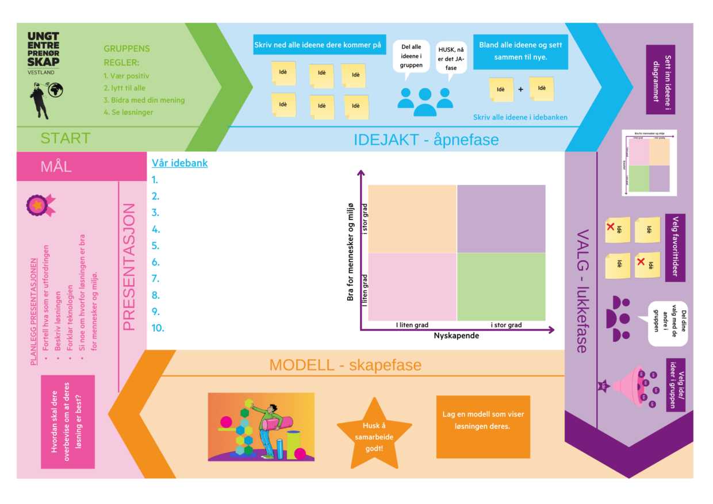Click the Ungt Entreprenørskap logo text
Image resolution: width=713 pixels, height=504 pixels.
43,50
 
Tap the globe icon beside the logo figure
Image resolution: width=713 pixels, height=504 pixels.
56,90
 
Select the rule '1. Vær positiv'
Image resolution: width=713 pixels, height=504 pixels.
126,76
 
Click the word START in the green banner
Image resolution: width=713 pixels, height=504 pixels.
66,138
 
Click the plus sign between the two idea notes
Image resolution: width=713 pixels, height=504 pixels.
521,89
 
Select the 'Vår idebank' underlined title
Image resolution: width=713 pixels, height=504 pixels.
179,163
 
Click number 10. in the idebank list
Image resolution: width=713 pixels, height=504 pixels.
158,328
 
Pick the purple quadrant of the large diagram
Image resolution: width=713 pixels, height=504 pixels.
501,219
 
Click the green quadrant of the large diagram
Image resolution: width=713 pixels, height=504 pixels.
501,287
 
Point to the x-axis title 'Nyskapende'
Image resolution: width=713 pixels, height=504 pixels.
457,336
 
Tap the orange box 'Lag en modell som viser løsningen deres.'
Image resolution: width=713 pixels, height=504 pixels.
483,426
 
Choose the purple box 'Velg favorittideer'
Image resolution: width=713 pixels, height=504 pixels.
675,248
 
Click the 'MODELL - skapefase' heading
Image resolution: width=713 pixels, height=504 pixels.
345,365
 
